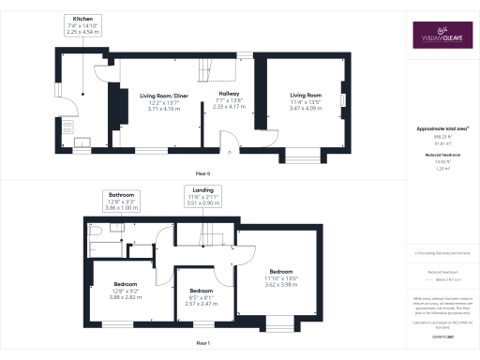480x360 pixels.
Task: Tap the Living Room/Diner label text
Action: tap(164, 96)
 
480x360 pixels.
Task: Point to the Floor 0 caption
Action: tap(202, 174)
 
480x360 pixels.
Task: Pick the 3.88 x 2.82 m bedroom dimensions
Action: tap(126, 293)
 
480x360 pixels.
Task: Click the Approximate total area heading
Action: tap(442, 127)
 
